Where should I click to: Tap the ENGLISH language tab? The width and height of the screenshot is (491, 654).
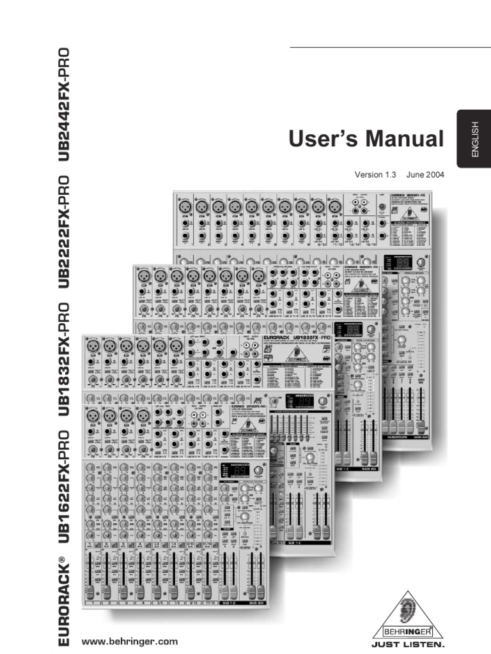pyautogui.click(x=474, y=139)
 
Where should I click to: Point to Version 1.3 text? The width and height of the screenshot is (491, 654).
pyautogui.click(x=376, y=174)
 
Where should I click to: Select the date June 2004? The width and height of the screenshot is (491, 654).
pyautogui.click(x=425, y=174)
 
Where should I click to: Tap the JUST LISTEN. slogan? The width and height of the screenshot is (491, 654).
pyautogui.click(x=408, y=644)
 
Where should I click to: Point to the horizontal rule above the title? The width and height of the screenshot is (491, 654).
pyautogui.click(x=390, y=47)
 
